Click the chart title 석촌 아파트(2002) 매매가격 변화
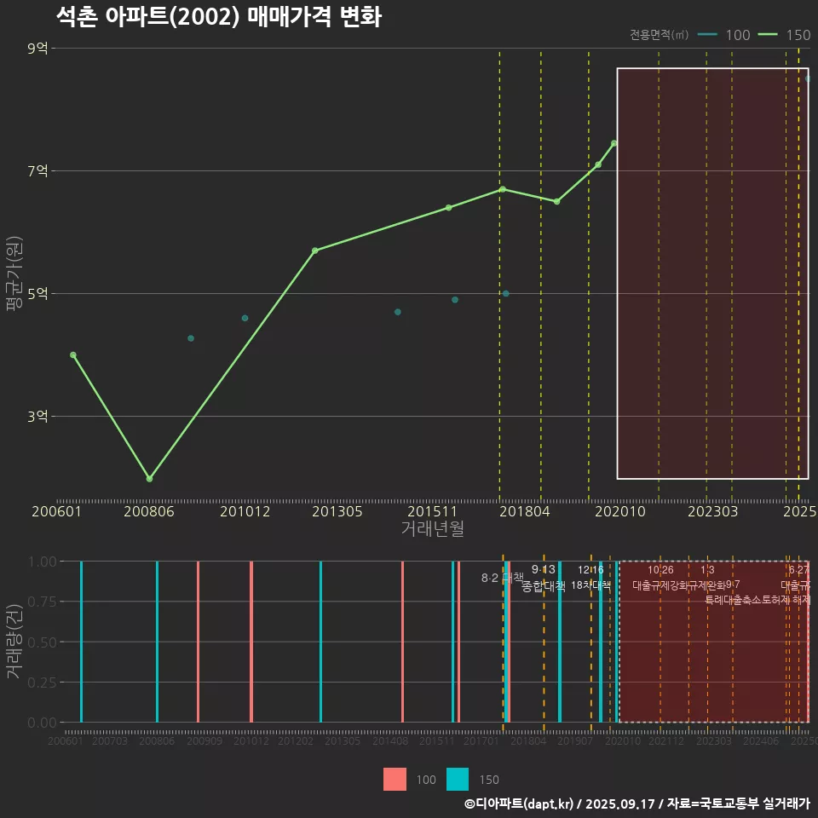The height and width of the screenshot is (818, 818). pos(218,17)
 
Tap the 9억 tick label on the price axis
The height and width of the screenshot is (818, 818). pos(37,49)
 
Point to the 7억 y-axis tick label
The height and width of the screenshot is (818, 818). pos(37,171)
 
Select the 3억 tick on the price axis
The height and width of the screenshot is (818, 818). pos(37,417)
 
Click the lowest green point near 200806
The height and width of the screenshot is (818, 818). pos(149,479)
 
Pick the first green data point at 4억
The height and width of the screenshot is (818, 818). pos(73,354)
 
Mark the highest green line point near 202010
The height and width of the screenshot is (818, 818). pos(614,143)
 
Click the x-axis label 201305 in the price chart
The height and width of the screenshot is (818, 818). pos(337,512)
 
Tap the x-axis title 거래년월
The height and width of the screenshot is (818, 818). pos(432,529)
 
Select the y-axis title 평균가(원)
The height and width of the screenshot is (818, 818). pos(14,274)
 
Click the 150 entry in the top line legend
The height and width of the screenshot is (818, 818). pos(798,35)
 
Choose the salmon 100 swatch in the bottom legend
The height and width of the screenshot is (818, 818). pos(395,779)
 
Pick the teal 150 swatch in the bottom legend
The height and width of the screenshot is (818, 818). pos(458,779)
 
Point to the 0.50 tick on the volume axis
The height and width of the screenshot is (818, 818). pos(42,642)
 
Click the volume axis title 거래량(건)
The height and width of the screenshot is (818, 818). pos(14,642)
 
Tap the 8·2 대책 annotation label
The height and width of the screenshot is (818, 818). pos(502,578)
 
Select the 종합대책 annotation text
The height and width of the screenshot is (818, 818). pos(544,586)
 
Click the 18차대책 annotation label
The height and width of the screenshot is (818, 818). pos(590,585)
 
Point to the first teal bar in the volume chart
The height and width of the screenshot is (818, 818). pos(81,642)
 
